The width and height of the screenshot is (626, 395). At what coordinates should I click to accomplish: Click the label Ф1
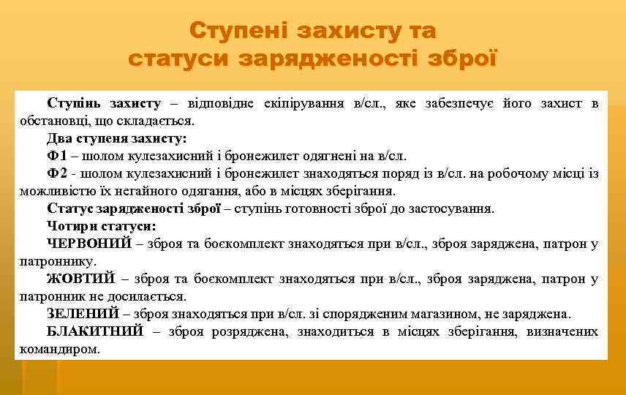point(57,156)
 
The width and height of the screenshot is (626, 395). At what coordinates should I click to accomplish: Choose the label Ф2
point(57,174)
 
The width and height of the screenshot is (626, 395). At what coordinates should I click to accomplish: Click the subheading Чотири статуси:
point(101,226)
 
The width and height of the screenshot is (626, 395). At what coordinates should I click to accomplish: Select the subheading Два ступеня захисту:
point(117,138)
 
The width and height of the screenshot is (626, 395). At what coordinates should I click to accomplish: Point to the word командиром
point(59,350)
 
